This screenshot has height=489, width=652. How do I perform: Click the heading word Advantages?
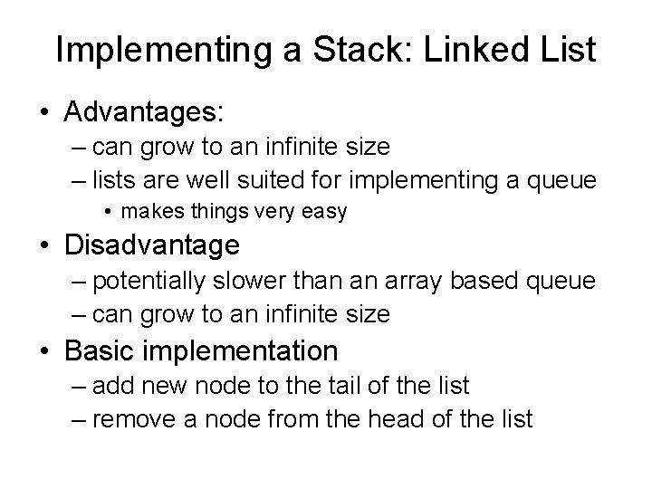pos(142,114)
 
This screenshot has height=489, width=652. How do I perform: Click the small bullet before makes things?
pos(109,213)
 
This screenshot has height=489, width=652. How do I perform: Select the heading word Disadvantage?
pos(152,245)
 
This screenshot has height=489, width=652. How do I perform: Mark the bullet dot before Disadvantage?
pos(44,245)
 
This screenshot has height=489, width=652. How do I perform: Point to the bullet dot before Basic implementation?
pos(44,350)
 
